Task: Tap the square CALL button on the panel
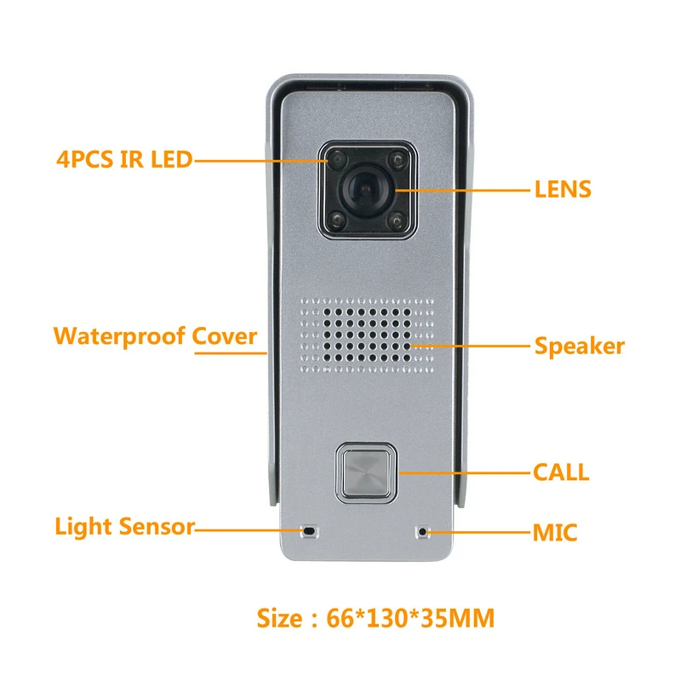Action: pyautogui.click(x=366, y=471)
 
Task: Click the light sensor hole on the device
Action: pyautogui.click(x=309, y=531)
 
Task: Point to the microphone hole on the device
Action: pyautogui.click(x=422, y=532)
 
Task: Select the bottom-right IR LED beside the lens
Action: pyautogui.click(x=395, y=224)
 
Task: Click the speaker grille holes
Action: pyautogui.click(x=366, y=335)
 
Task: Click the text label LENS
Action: pyautogui.click(x=562, y=189)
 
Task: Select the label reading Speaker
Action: pyautogui.click(x=579, y=346)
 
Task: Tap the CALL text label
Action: pyautogui.click(x=560, y=472)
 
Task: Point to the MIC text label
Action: pyautogui.click(x=555, y=534)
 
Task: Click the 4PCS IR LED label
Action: pyautogui.click(x=123, y=158)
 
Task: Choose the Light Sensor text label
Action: pyautogui.click(x=124, y=527)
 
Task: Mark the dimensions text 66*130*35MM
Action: pyautogui.click(x=410, y=619)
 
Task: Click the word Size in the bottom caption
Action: pyautogui.click(x=280, y=619)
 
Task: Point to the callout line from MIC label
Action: pyautogui.click(x=477, y=533)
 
